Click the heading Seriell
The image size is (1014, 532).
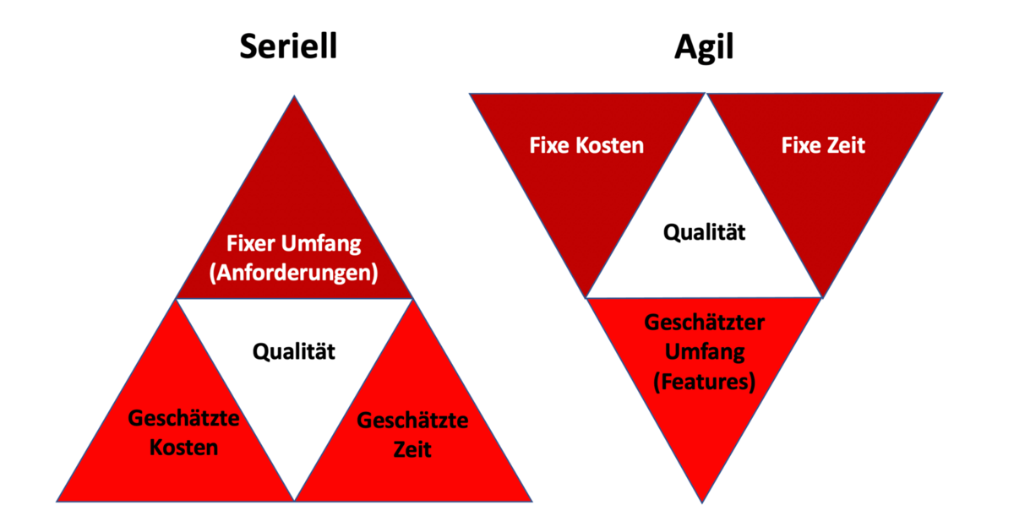[x=288, y=46]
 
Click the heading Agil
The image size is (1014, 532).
[x=703, y=47]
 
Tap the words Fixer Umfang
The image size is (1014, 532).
[x=294, y=244]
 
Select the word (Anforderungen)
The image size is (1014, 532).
[x=294, y=273]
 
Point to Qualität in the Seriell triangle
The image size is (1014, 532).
[x=294, y=350]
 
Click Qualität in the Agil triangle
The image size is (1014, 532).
[x=705, y=232]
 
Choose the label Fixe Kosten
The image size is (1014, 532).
[x=586, y=145]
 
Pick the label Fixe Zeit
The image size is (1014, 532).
[x=823, y=145]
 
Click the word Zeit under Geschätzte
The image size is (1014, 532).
[x=412, y=449]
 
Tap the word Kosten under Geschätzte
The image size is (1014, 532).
[x=183, y=447]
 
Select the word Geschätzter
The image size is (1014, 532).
[x=704, y=323]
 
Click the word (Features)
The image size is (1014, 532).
[x=704, y=381]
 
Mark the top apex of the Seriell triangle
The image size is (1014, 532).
[x=294, y=96]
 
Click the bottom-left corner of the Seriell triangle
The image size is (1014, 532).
[x=57, y=501]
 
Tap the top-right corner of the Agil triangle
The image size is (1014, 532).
[x=941, y=93]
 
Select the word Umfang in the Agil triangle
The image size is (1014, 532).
[x=704, y=351]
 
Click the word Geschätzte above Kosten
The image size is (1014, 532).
[x=183, y=418]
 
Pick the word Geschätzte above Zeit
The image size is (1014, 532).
[x=412, y=421]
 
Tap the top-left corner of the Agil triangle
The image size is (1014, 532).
[x=470, y=93]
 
